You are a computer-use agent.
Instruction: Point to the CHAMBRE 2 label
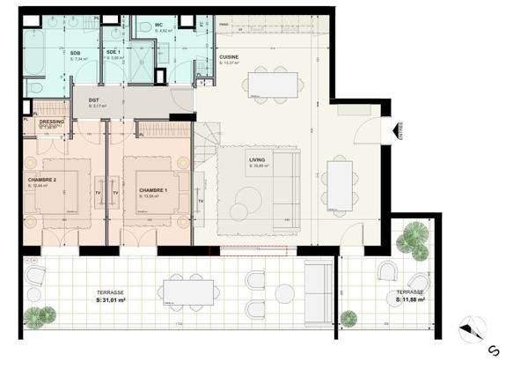coord(42,181)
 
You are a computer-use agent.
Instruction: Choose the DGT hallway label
coord(93,100)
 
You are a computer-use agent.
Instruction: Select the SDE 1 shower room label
coord(113,53)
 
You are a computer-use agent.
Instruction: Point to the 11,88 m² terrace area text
coord(410,299)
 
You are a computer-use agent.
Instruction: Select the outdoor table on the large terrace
coord(187,292)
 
